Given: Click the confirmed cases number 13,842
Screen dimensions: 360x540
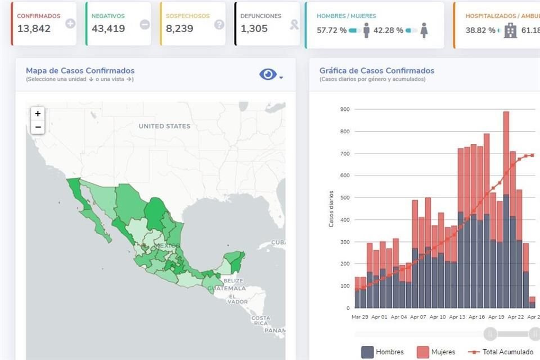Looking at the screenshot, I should point(34,29).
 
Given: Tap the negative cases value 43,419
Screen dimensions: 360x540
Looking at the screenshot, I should point(109,29).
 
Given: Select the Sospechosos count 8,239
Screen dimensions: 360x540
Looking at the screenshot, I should point(181,29).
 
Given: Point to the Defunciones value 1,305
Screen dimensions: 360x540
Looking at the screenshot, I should point(254,29).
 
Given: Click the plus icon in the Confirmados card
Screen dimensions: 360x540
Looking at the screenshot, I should point(70,24).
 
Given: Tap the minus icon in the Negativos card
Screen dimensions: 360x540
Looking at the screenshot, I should point(145,24).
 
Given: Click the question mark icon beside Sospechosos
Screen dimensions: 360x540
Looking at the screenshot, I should point(219,24).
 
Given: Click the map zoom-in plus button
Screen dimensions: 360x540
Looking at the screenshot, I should point(38,114).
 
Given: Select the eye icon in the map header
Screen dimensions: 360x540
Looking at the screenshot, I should point(268,75).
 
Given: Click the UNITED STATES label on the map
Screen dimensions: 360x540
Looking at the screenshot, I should point(164,127).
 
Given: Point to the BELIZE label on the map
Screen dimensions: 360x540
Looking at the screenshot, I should point(233,280).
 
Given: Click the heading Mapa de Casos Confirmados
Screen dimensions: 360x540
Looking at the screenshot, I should point(80,71).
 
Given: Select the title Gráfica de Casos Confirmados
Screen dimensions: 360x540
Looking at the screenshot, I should point(376,71).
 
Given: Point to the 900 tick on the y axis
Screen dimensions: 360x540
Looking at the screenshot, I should point(344,109).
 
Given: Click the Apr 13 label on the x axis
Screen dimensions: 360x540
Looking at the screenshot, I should point(458,317).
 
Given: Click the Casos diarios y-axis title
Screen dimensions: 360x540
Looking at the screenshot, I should point(331,208).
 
